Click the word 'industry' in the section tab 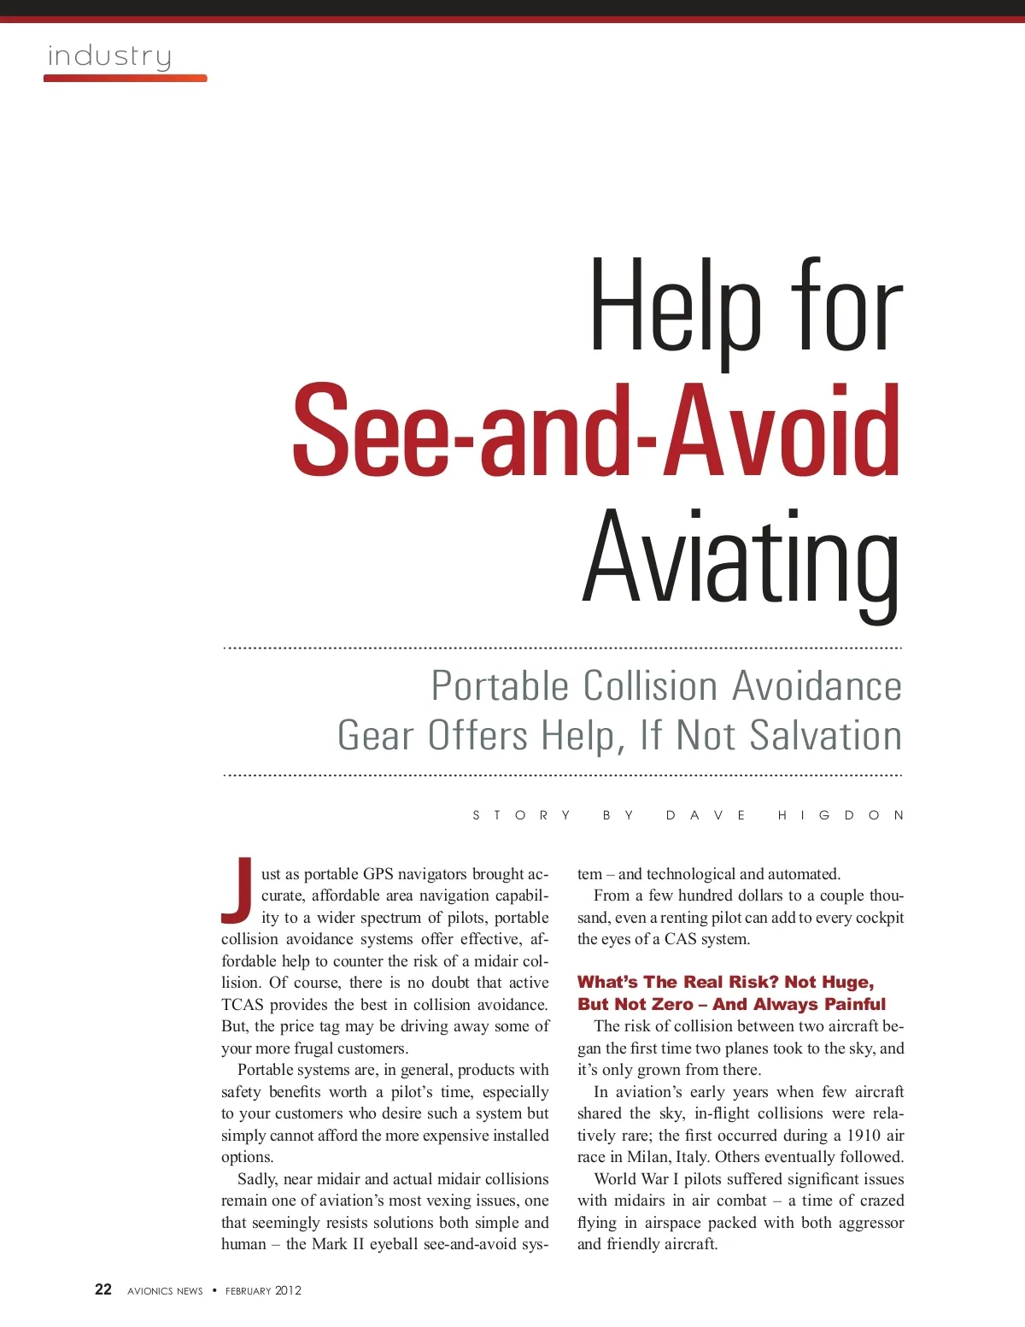109,56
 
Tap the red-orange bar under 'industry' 125,79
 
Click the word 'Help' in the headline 675,308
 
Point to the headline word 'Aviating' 741,557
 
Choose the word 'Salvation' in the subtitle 825,736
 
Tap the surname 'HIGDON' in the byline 840,815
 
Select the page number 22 103,1289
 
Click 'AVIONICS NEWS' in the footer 165,1291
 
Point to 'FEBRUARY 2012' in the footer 263,1291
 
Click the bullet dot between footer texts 214,1290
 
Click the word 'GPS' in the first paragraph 380,874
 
